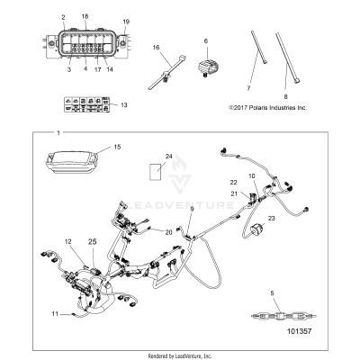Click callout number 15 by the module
click(115, 146)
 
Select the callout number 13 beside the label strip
click(123, 105)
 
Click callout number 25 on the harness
click(91, 243)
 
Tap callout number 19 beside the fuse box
click(126, 20)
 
